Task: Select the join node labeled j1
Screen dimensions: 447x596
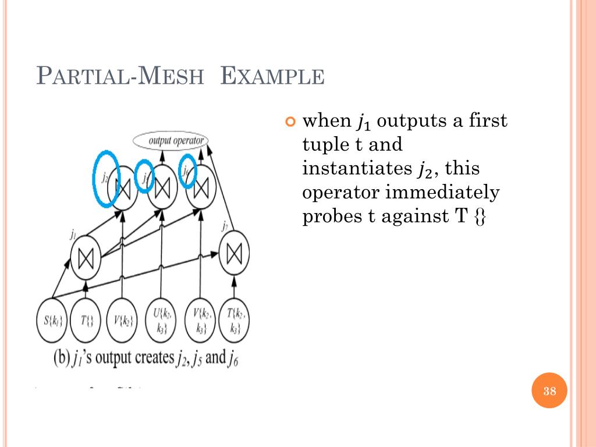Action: [86, 259]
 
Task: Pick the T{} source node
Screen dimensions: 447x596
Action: [86, 320]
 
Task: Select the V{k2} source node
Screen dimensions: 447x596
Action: [122, 320]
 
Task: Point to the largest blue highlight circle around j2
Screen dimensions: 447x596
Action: [107, 179]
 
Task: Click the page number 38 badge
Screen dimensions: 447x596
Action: [549, 391]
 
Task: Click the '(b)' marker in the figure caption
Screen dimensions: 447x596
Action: [61, 357]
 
